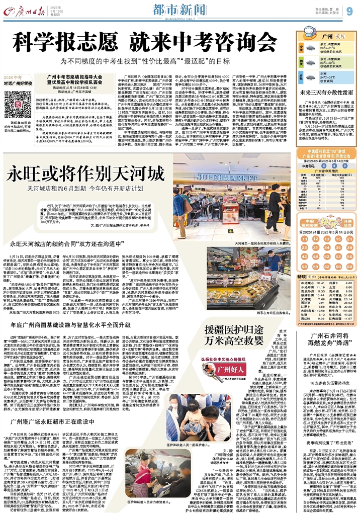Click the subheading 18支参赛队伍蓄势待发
pyautogui.click(x=324, y=383)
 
